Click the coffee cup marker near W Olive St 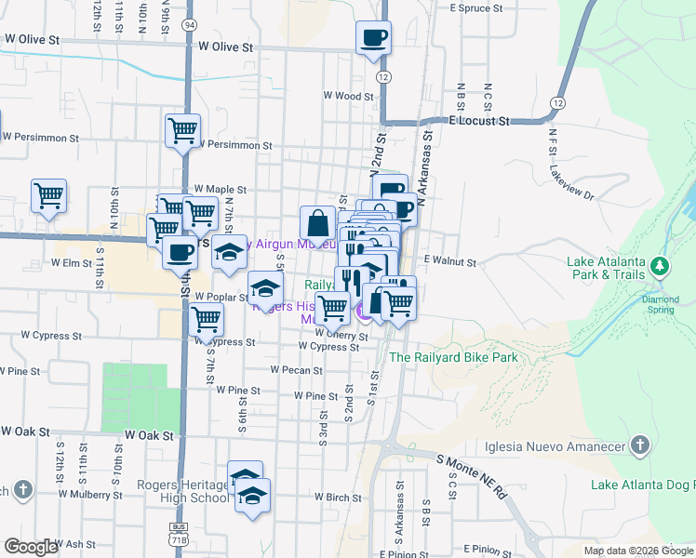(372, 39)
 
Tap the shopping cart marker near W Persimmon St (182, 130)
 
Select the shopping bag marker (317, 223)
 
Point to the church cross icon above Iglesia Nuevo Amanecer (639, 445)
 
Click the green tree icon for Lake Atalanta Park (661, 268)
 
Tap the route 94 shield (189, 23)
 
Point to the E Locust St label (480, 121)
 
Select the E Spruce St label (475, 7)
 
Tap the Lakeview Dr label (571, 184)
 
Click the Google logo (31, 547)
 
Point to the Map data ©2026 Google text (638, 551)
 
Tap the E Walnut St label (449, 262)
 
